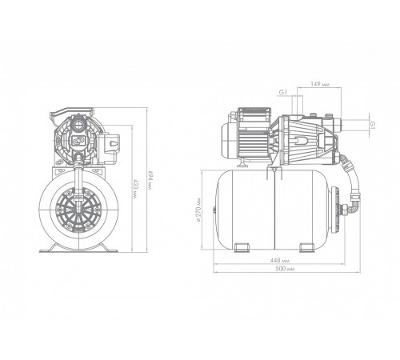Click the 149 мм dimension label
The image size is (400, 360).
click(x=320, y=84)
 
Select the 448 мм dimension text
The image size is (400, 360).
click(x=279, y=260)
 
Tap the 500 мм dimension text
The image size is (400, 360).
click(x=285, y=269)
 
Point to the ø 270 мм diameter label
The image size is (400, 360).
click(x=198, y=210)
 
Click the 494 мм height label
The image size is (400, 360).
click(x=150, y=180)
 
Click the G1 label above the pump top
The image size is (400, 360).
click(x=283, y=92)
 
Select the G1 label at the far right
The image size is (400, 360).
click(x=373, y=124)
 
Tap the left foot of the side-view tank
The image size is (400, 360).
click(x=242, y=247)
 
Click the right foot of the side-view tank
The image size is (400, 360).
click(x=307, y=247)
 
